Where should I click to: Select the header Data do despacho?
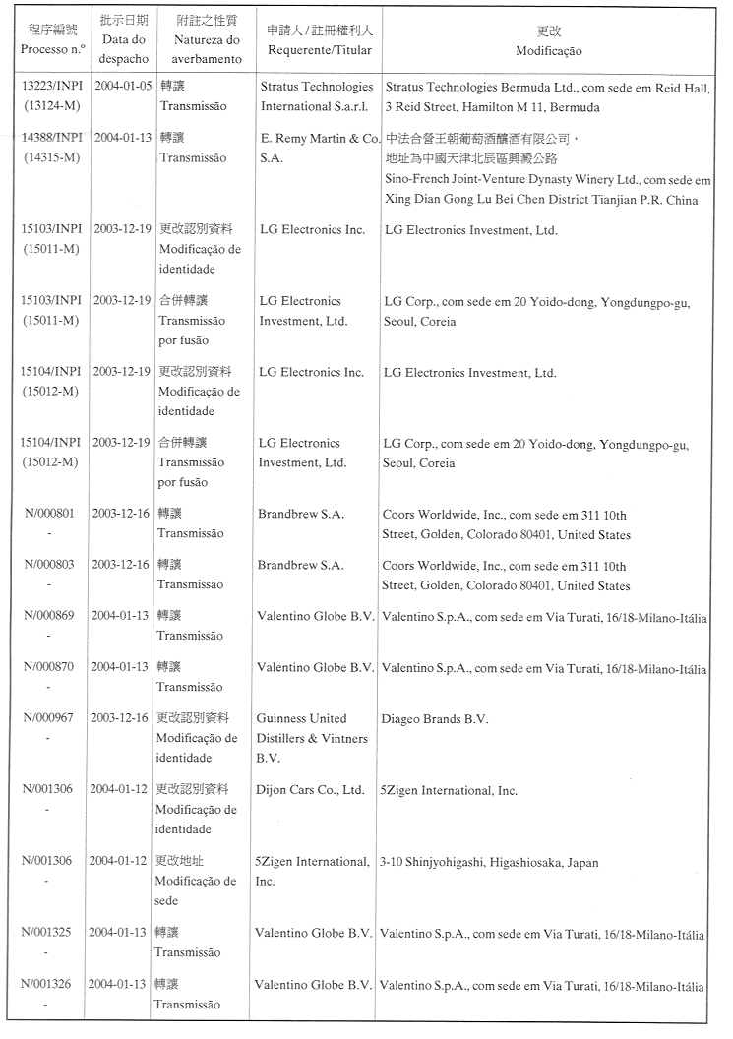tap(124, 48)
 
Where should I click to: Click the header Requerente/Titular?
tap(314, 48)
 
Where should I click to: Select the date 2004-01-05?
tap(124, 87)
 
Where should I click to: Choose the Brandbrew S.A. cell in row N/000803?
tap(301, 565)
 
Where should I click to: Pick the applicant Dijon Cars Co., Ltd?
tap(310, 790)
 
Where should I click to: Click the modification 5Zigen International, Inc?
tap(449, 790)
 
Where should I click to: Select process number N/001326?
tap(47, 985)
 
